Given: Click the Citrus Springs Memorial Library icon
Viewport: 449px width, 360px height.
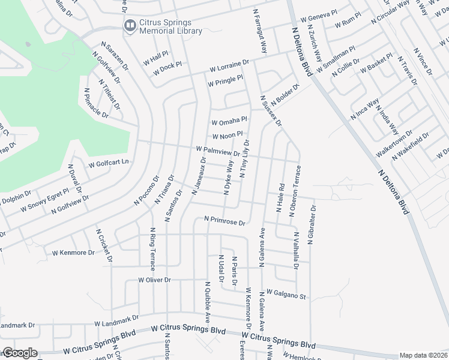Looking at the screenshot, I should pos(129,25).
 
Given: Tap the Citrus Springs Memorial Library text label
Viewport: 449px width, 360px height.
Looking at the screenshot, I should pos(171,27).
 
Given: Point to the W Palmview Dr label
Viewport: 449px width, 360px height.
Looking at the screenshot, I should pos(217,151).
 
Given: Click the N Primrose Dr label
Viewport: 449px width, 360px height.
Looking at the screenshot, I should pos(224,221).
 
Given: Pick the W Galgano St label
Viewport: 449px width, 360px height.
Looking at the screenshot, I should pos(286,293).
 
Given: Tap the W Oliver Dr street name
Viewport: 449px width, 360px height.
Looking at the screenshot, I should pos(155,280).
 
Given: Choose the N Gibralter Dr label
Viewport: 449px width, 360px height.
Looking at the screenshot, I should pos(312,226).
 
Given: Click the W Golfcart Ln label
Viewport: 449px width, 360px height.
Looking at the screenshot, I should pos(109,163).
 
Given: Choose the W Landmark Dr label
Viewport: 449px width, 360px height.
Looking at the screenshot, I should pos(118,320).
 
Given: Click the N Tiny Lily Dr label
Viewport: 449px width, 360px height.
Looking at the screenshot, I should pos(246,159).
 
